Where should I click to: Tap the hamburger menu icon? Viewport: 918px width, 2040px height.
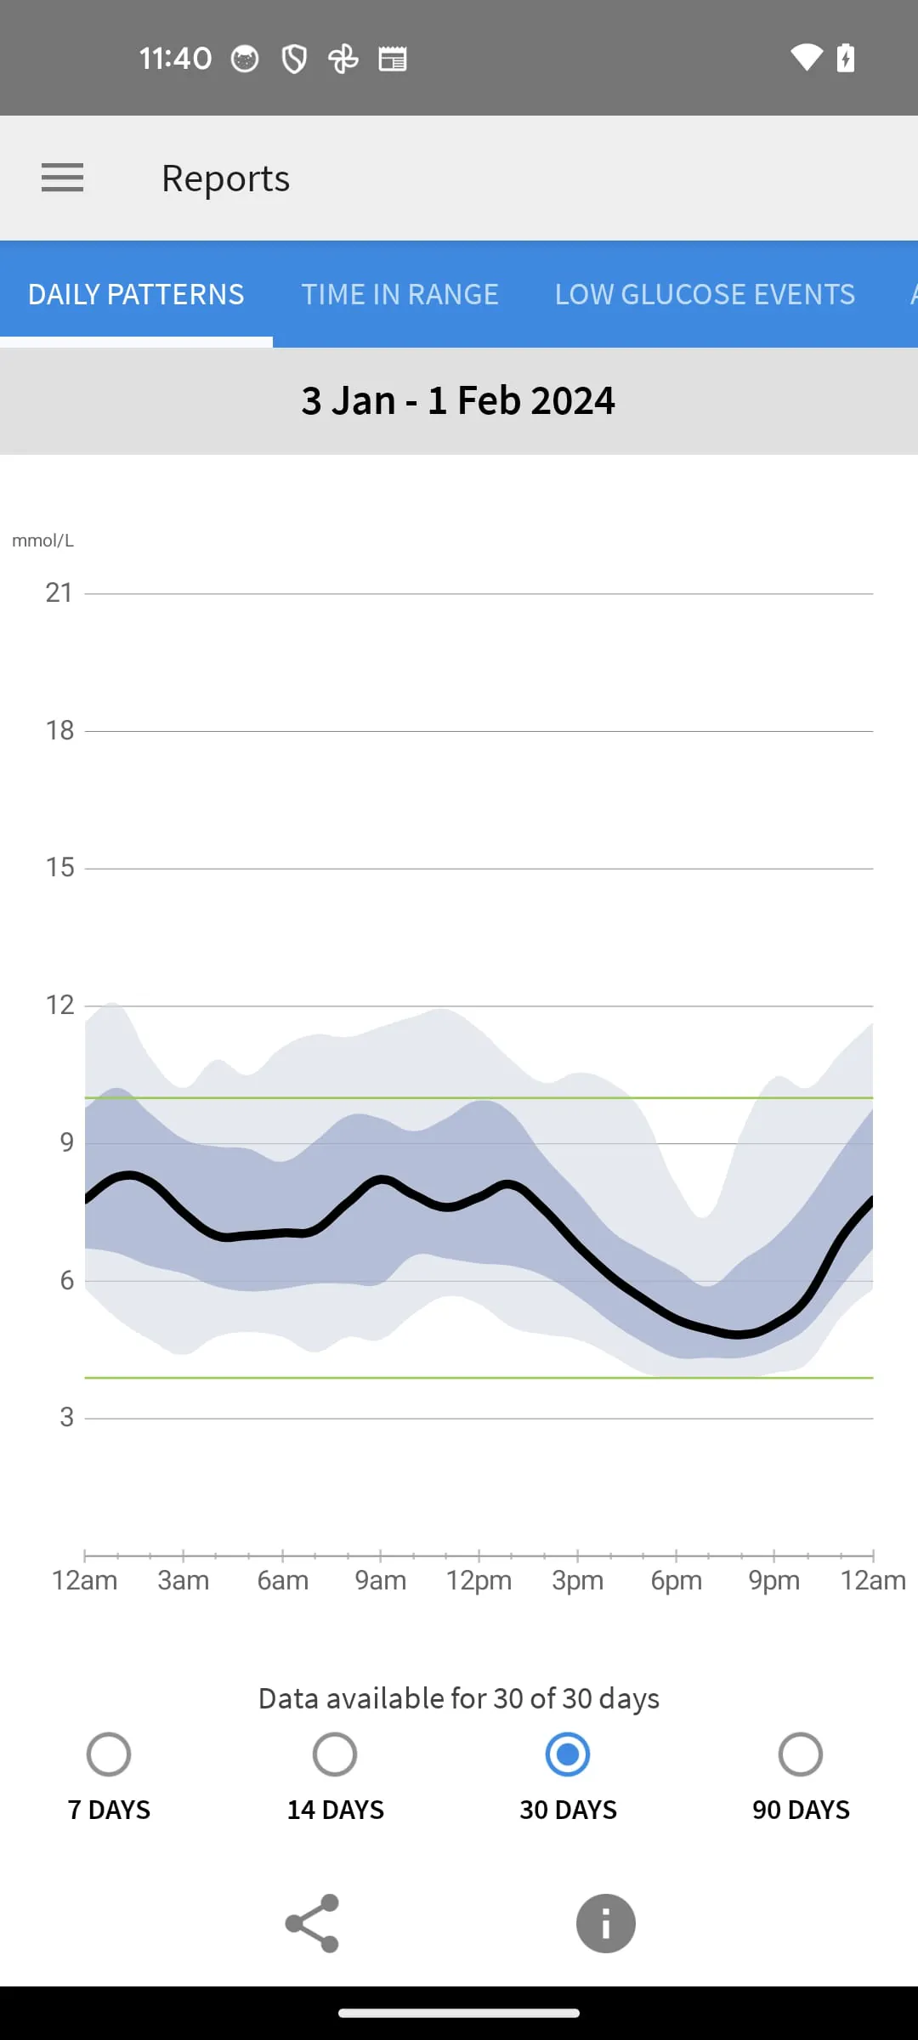click(x=63, y=178)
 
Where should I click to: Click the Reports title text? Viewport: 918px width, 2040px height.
click(x=225, y=178)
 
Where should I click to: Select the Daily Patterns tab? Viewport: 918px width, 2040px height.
click(x=136, y=294)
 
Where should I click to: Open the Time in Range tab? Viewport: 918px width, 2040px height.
click(x=399, y=294)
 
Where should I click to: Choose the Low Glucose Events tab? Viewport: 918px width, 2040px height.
click(x=705, y=294)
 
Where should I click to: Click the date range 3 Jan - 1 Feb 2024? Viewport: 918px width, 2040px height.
click(x=458, y=400)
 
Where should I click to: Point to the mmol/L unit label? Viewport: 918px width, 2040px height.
click(x=42, y=541)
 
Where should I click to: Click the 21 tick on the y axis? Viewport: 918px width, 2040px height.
click(x=59, y=592)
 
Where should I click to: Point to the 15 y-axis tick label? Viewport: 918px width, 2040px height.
click(x=59, y=867)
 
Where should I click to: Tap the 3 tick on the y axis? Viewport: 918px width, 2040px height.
click(x=66, y=1417)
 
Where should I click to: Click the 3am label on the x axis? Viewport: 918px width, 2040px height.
click(x=183, y=1580)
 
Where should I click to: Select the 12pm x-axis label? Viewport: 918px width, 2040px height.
click(x=479, y=1580)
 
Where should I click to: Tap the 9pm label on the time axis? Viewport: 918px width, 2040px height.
click(x=773, y=1580)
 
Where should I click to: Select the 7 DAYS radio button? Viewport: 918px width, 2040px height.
click(x=109, y=1754)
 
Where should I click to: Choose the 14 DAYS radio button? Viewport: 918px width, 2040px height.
click(x=335, y=1754)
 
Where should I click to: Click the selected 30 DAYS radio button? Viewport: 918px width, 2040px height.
click(x=568, y=1754)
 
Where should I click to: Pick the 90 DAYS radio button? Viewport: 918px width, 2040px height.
click(x=801, y=1754)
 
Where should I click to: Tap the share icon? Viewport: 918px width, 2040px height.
click(x=313, y=1923)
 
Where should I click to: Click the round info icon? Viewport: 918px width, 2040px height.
click(x=605, y=1923)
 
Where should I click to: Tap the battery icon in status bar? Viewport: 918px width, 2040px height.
click(x=846, y=58)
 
